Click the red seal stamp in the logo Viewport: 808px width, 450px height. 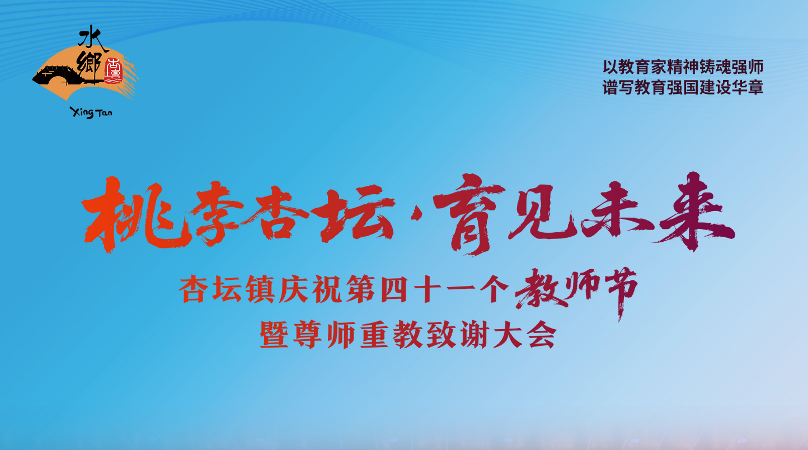(113, 71)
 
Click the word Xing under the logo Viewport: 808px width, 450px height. (82, 112)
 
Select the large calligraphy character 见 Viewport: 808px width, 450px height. (544, 213)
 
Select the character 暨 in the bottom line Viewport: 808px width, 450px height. (274, 335)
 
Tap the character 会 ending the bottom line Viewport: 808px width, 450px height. (542, 335)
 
